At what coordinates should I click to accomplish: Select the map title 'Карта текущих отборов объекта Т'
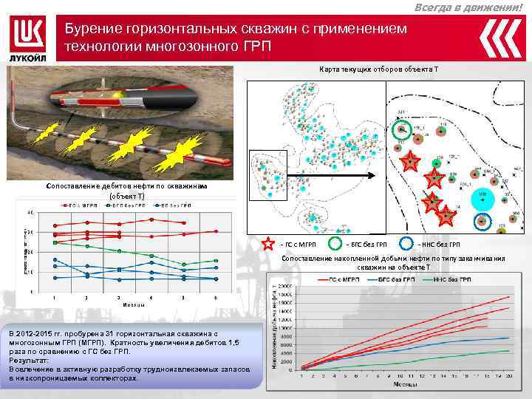[378, 69]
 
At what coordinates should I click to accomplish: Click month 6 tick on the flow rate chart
[215, 297]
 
